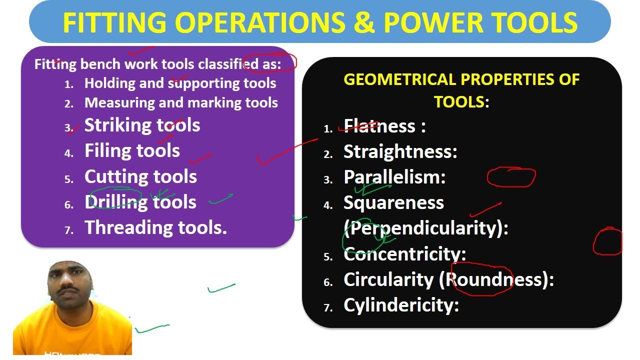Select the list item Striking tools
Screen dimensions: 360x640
click(142, 125)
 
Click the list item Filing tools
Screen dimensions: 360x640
click(132, 150)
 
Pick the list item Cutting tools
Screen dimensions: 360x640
click(140, 176)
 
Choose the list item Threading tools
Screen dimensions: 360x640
click(155, 227)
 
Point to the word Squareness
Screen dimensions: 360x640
click(393, 202)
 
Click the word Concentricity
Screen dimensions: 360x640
click(404, 254)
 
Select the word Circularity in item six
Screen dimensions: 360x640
click(388, 279)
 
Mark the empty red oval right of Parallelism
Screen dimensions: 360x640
click(511, 177)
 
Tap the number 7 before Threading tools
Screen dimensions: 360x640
click(69, 230)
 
